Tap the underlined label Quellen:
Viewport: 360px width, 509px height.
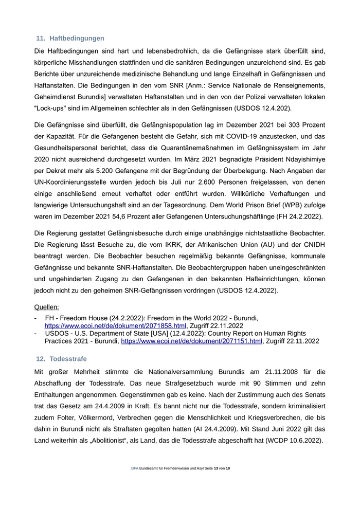(46, 307)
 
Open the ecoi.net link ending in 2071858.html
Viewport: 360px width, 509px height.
(115, 326)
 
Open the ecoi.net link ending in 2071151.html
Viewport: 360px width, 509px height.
(191, 341)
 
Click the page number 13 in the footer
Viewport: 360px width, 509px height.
(215, 469)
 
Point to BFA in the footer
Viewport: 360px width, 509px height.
(135, 469)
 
